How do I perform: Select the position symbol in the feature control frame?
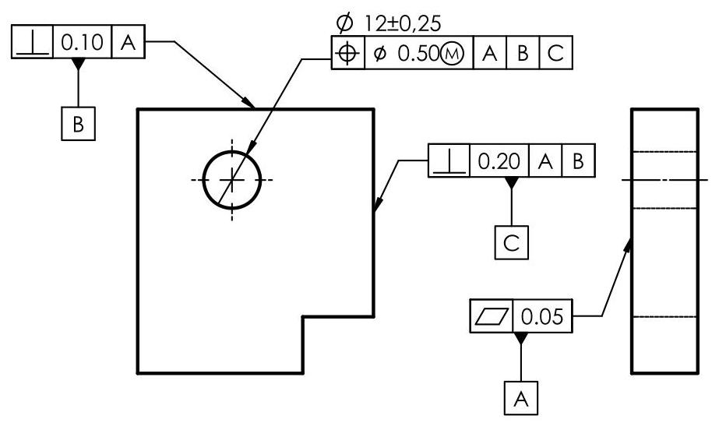pyautogui.click(x=348, y=54)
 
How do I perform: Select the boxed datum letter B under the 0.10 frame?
pyautogui.click(x=78, y=123)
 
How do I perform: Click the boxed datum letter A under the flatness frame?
pyautogui.click(x=520, y=400)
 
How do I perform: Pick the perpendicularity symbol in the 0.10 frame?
pyautogui.click(x=31, y=43)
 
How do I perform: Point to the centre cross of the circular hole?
pyautogui.click(x=231, y=179)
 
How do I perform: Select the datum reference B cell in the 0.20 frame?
pyautogui.click(x=577, y=161)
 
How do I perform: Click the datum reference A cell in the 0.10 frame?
pyautogui.click(x=129, y=43)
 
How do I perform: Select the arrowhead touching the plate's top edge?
pyautogui.click(x=252, y=104)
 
